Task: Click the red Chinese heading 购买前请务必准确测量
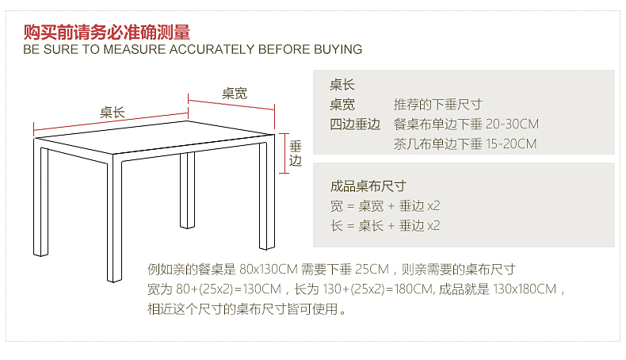pos(107,33)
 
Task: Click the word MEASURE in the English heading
pos(135,49)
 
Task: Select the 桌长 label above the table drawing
pos(113,112)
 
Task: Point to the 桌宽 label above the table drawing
pos(235,93)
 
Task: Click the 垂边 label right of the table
pos(296,153)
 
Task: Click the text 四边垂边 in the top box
pos(356,124)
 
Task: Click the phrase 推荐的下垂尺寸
pos(437,105)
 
